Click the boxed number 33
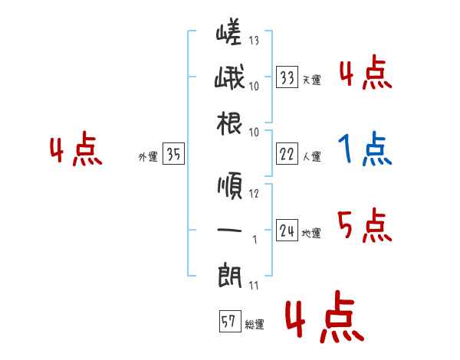pyautogui.click(x=287, y=77)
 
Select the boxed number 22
pyautogui.click(x=287, y=154)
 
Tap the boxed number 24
pyautogui.click(x=287, y=231)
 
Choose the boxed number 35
pyautogui.click(x=173, y=154)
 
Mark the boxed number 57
pyautogui.click(x=229, y=322)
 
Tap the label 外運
pyautogui.click(x=147, y=157)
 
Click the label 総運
pyautogui.click(x=254, y=325)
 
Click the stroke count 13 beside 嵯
pyautogui.click(x=254, y=41)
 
